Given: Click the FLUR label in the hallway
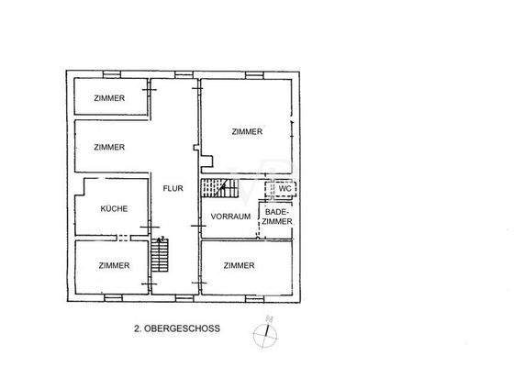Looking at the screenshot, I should coord(173,189).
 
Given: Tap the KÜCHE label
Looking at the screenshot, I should coord(114,208).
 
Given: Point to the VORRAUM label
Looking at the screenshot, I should coord(230,217).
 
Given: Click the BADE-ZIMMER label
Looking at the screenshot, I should coord(277,217).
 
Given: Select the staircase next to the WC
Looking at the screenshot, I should coord(220,188).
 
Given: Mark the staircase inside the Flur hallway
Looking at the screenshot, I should coord(162,254).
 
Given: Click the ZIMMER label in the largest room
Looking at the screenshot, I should coord(248,131).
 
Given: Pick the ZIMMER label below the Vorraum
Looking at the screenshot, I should coord(239,265).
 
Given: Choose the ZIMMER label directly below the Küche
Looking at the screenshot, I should coord(114,265).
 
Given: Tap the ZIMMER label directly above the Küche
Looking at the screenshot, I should coord(108,147).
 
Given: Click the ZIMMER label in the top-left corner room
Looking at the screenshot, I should coord(108,98).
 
